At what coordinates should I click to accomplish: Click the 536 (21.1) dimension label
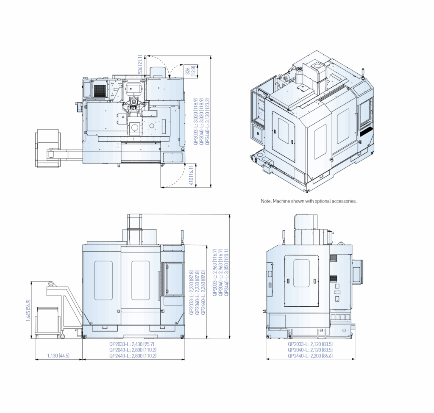[140, 64]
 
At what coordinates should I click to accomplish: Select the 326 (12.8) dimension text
[190, 71]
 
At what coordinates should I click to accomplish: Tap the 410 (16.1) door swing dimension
[191, 176]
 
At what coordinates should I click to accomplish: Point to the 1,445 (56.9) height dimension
[28, 310]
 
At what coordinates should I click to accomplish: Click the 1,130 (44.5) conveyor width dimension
[58, 355]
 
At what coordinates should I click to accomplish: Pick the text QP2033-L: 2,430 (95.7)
[131, 344]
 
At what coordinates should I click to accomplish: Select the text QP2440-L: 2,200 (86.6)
[310, 356]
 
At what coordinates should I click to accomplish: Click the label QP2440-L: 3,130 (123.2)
[208, 121]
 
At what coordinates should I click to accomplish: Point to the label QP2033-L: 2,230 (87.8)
[191, 292]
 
